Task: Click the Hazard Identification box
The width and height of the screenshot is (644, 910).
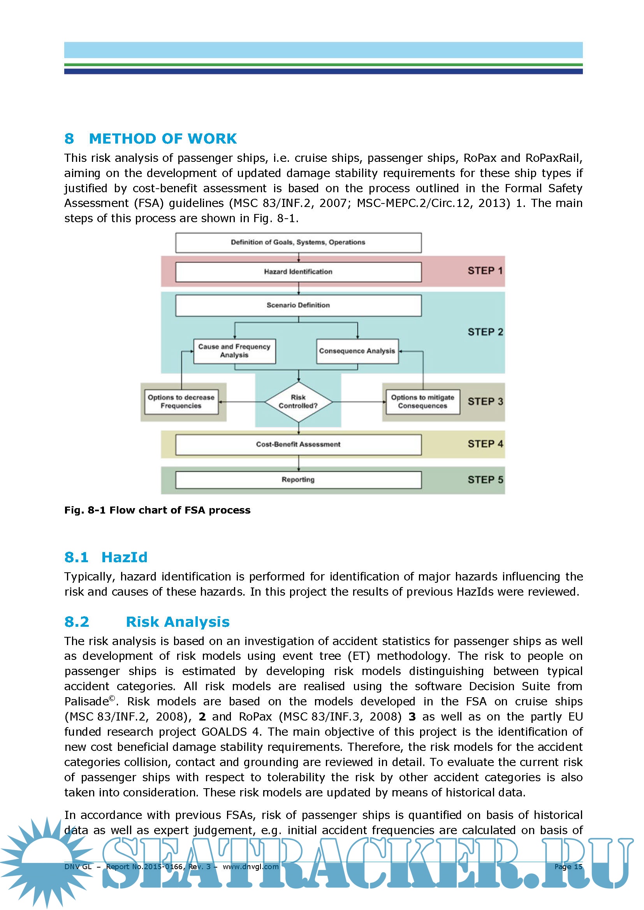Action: [298, 272]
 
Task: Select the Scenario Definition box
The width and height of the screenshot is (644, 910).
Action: [298, 305]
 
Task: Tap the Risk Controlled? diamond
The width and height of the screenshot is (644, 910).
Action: [298, 402]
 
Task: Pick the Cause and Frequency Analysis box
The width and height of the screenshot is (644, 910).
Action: [234, 351]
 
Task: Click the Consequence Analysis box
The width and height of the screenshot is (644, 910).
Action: [357, 351]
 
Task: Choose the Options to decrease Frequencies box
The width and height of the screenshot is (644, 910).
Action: [181, 402]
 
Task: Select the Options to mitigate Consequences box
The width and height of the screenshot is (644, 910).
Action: [423, 402]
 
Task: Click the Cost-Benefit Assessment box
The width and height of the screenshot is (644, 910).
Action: [298, 444]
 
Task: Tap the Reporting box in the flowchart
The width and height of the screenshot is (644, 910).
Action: [298, 480]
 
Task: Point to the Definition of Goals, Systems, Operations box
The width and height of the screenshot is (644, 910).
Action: [298, 242]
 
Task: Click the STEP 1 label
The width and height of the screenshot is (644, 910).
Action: [485, 271]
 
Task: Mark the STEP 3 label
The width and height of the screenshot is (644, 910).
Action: [485, 402]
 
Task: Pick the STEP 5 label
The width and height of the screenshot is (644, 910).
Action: [485, 480]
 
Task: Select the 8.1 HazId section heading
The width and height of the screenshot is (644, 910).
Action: [106, 557]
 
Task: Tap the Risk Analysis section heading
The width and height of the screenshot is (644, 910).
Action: [178, 622]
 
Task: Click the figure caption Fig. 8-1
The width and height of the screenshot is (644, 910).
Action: [157, 510]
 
